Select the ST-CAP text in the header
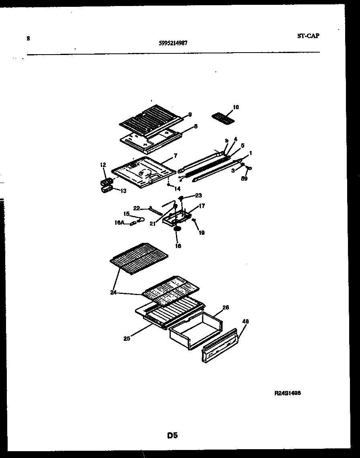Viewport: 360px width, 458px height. click(x=308, y=36)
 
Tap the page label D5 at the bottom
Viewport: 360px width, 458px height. click(x=172, y=435)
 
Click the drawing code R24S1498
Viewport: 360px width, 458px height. click(x=288, y=394)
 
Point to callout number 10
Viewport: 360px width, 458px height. click(x=236, y=107)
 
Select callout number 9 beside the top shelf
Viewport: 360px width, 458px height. click(x=190, y=114)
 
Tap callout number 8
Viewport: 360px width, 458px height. click(x=195, y=126)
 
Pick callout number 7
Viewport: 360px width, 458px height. click(x=175, y=155)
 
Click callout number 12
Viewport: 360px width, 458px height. click(x=103, y=165)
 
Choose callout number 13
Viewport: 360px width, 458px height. click(x=118, y=191)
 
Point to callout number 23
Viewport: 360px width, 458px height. click(x=198, y=195)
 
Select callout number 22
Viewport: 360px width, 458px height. click(x=136, y=208)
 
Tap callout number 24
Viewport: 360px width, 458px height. click(x=114, y=292)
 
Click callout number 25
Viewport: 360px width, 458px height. click(x=127, y=338)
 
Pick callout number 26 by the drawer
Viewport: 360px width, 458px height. click(x=225, y=307)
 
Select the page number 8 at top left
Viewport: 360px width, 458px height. click(x=28, y=39)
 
